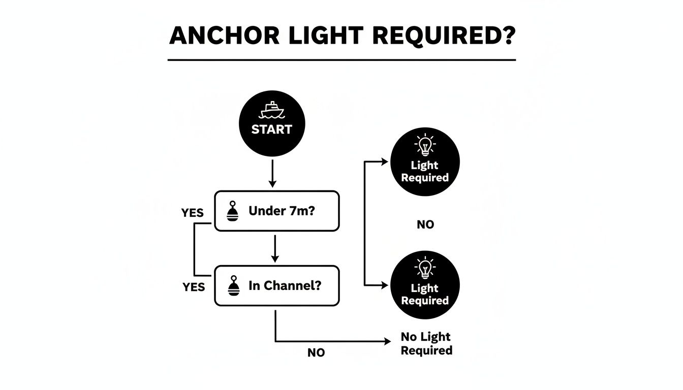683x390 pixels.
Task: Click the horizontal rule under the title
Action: (341, 60)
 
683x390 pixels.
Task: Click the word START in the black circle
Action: (271, 129)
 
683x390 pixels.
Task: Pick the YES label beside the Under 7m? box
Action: (193, 213)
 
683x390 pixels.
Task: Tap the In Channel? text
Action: (285, 286)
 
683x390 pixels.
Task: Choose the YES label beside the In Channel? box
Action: (194, 287)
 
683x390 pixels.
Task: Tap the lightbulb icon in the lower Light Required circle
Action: (425, 269)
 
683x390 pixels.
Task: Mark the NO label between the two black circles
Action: (425, 224)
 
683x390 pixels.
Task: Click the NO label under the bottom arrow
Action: (316, 353)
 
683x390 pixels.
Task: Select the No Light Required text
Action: (426, 344)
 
